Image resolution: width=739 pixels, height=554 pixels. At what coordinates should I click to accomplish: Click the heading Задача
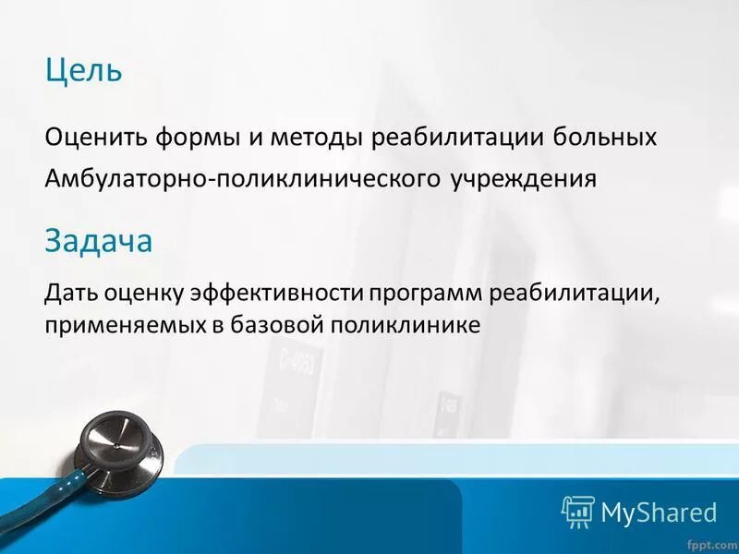(98, 241)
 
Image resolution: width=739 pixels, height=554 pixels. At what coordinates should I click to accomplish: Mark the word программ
(426, 294)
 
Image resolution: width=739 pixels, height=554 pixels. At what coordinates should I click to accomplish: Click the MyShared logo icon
(577, 510)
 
